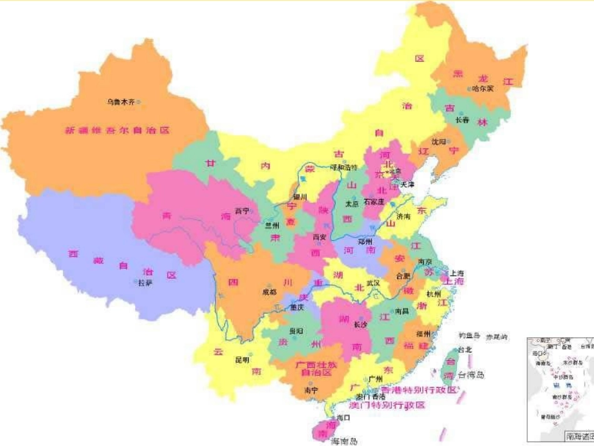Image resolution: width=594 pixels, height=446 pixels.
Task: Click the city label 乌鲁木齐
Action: [120, 102]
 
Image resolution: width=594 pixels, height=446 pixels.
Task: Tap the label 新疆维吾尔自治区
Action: [117, 131]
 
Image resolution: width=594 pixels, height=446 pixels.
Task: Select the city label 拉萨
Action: [145, 283]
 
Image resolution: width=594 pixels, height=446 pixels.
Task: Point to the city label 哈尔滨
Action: [483, 89]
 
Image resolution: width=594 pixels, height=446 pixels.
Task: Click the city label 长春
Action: [462, 120]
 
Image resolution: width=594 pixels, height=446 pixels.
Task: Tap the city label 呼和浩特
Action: [343, 168]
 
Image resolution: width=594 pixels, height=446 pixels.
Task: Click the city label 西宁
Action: [241, 211]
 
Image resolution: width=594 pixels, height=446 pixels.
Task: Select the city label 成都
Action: [269, 291]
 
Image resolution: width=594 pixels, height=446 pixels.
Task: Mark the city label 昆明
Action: [241, 360]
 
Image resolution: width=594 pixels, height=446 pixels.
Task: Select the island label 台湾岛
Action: [471, 375]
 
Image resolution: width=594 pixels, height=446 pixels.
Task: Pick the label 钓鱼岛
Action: [469, 336]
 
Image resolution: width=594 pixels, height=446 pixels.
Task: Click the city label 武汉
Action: [373, 283]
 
